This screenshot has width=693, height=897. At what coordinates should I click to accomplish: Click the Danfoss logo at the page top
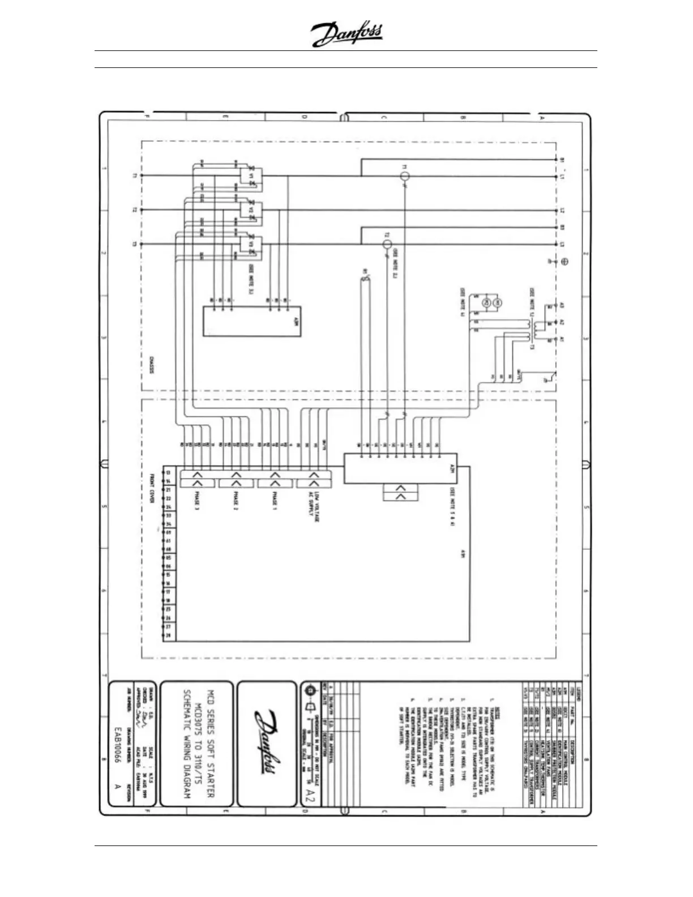346,35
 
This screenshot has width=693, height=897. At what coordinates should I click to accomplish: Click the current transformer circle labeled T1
405,176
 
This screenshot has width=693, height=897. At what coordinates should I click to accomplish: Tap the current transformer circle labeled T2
387,245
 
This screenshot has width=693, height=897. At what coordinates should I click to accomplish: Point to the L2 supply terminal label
562,211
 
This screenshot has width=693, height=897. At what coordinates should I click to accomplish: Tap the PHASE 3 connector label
196,501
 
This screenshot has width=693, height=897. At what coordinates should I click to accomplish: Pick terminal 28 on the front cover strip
168,635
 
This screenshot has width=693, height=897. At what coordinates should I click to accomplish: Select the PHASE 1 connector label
275,501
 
